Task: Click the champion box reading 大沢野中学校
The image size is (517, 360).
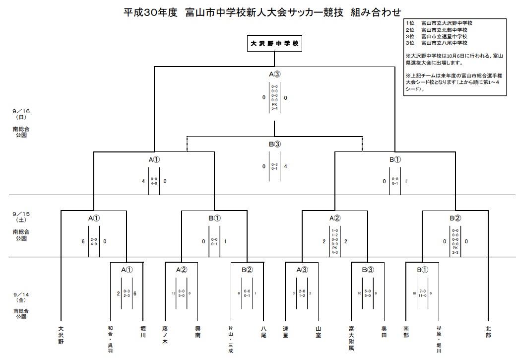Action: (x=274, y=44)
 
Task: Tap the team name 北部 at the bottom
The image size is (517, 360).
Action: (x=489, y=332)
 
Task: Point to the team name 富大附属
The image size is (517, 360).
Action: (x=351, y=338)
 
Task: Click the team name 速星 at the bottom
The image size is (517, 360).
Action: (x=285, y=332)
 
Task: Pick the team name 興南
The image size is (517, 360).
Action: (x=197, y=332)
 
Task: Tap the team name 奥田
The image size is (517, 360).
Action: (x=384, y=332)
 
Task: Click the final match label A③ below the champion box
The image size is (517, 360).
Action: (x=275, y=74)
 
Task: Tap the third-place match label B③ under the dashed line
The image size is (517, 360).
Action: (x=275, y=144)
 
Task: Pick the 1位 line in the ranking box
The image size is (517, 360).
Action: (x=439, y=23)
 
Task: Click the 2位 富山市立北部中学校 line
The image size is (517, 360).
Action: (x=439, y=29)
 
